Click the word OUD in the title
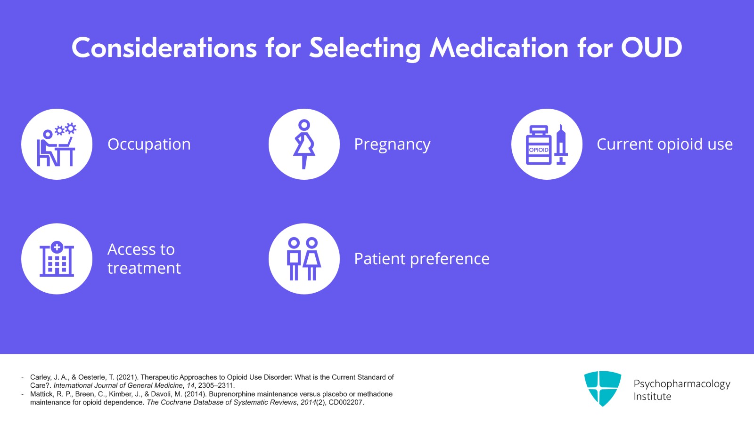(651, 48)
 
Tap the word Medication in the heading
(499, 48)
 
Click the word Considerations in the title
(164, 48)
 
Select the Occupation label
(149, 144)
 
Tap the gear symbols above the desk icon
(66, 129)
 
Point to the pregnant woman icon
(304, 144)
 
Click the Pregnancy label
(392, 144)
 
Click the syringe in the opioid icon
(561, 144)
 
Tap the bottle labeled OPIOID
(539, 146)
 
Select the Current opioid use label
(664, 144)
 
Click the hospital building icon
(57, 259)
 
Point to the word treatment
(144, 268)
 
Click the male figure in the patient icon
(294, 259)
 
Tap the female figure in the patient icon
(312, 259)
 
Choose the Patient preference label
(422, 259)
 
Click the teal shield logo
(602, 388)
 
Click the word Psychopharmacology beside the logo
(681, 384)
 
